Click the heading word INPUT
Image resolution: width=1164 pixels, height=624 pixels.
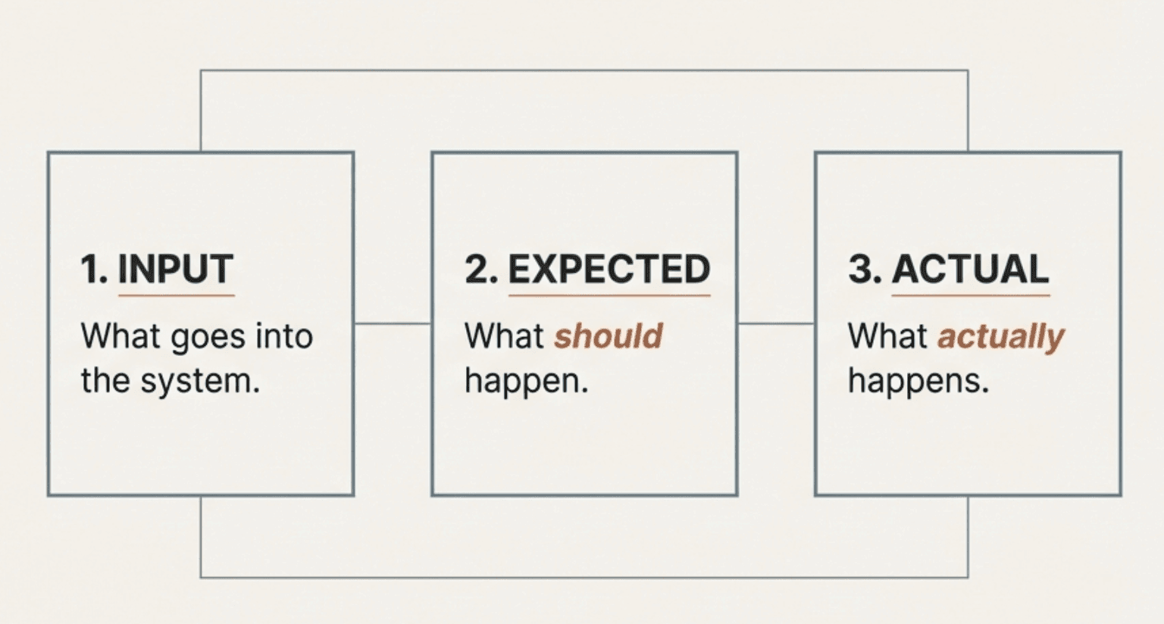[176, 270]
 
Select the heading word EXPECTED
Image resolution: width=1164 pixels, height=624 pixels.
[609, 270]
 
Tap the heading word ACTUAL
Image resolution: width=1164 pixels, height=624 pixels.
[971, 270]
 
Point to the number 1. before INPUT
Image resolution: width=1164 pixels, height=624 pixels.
[94, 270]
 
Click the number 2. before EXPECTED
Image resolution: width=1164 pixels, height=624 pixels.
[480, 270]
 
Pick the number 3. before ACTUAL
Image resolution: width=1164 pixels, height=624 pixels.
[865, 270]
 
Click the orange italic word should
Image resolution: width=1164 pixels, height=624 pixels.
[609, 336]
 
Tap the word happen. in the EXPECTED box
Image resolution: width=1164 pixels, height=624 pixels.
[526, 381]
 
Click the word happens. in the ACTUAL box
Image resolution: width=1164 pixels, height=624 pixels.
[918, 381]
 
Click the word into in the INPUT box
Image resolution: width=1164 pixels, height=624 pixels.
[284, 336]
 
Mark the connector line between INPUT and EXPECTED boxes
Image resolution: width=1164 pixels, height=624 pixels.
[393, 323]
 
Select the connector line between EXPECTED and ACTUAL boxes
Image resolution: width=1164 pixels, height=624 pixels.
[776, 323]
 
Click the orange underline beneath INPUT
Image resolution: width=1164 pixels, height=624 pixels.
[176, 295]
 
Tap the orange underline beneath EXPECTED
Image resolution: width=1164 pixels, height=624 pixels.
[609, 295]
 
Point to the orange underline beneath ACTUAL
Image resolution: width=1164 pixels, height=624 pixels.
[971, 295]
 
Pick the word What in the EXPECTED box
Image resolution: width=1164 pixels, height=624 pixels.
[504, 336]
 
